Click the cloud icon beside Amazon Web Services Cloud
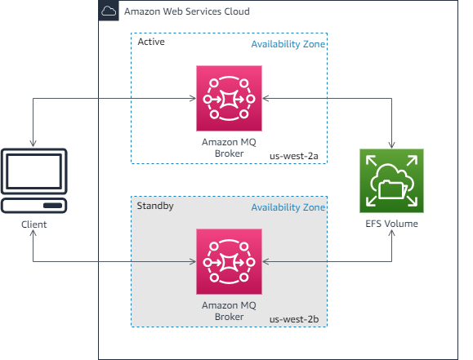point(109,11)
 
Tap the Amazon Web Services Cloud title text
point(186,12)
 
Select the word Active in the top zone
point(151,42)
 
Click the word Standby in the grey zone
point(156,206)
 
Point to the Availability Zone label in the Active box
point(288,44)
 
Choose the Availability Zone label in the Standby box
point(288,207)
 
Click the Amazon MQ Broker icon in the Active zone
point(229,99)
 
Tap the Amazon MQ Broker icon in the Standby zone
point(229,262)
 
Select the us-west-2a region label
point(297,154)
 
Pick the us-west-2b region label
point(297,318)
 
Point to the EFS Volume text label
point(393,224)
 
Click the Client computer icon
point(33,180)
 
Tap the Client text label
point(33,224)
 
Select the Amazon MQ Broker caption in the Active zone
point(229,147)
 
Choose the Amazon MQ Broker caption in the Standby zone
point(229,310)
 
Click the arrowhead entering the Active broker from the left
point(192,99)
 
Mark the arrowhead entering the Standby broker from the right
point(266,262)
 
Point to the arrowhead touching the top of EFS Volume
point(393,144)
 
